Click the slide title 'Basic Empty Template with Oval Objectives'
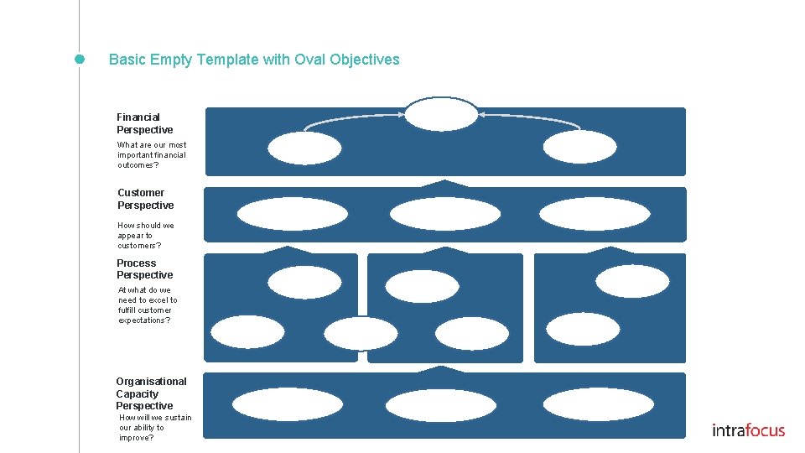coord(254,60)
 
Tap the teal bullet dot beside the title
coord(80,60)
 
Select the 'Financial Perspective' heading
coord(144,123)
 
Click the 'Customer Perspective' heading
coord(145,199)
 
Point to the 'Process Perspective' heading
coord(144,268)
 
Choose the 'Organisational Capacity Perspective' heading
coord(151,393)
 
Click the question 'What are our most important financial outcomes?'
coord(152,154)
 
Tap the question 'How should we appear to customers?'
coord(146,235)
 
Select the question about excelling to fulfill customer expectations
coord(148,305)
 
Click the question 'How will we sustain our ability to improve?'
coord(155,427)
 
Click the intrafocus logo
coord(748,430)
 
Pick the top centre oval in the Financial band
coord(441,114)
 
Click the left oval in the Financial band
coord(304,148)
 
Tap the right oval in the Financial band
coord(579,147)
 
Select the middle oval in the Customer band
coord(444,213)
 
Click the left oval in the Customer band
coord(292,213)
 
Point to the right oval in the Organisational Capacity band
coord(595,404)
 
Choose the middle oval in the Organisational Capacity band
coord(441,405)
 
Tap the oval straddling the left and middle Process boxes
coord(361,333)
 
